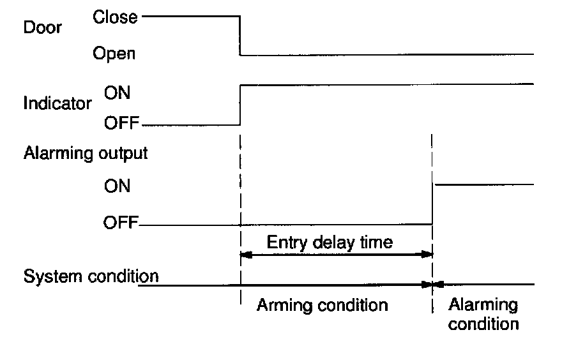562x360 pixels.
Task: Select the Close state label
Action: tap(115, 17)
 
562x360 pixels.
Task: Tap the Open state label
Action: tap(114, 54)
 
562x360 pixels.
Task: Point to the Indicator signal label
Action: tap(57, 103)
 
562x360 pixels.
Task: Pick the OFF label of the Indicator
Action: tap(120, 123)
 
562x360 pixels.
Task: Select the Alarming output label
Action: tap(85, 153)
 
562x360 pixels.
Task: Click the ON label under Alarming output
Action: tap(116, 186)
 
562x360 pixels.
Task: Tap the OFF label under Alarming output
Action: tap(120, 224)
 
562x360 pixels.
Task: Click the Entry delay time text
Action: tap(329, 243)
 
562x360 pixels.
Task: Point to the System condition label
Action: tap(91, 276)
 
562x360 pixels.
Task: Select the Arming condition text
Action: tap(322, 305)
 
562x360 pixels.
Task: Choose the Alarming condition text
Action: tap(483, 313)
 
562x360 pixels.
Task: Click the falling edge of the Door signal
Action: tap(239, 36)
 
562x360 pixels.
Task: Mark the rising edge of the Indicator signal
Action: tap(239, 103)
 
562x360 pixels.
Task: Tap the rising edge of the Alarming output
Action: tap(433, 204)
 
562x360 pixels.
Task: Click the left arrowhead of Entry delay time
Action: tap(245, 255)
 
